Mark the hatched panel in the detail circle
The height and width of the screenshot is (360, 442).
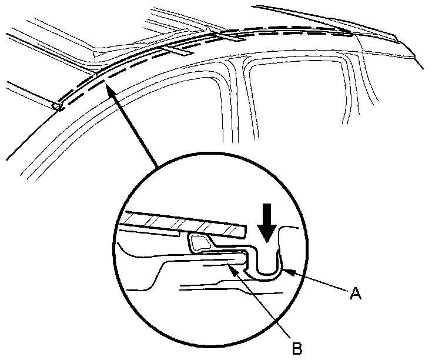point(182,221)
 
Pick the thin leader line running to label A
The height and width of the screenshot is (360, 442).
point(317,282)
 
